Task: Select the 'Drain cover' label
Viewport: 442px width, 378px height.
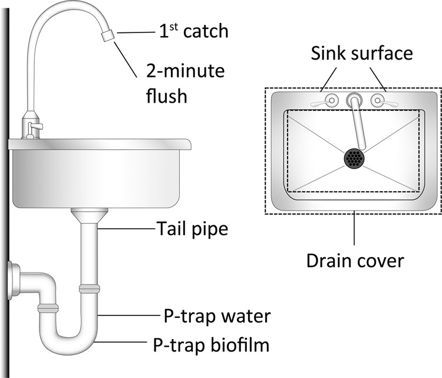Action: [355, 260]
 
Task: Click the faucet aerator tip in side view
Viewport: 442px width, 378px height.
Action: [107, 36]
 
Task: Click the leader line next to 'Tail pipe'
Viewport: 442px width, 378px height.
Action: [126, 228]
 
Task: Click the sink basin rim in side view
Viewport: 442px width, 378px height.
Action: [100, 143]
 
